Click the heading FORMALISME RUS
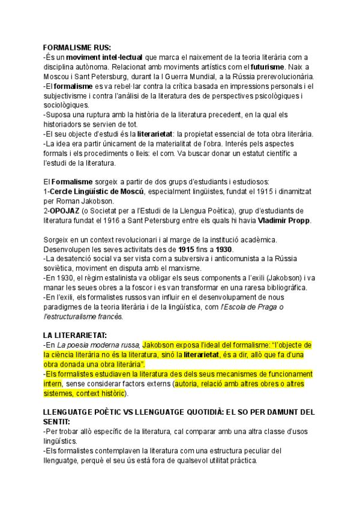click(x=77, y=48)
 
